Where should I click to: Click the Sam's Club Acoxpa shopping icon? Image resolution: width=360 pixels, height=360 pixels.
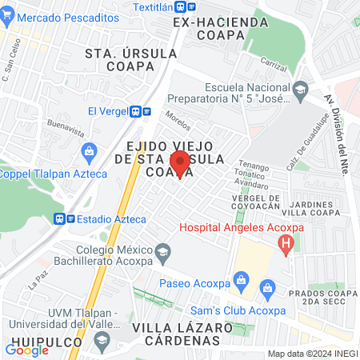point(268,286)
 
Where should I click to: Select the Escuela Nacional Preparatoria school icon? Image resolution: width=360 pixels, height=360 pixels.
point(300,90)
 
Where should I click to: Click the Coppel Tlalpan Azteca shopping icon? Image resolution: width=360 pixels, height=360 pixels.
point(90,150)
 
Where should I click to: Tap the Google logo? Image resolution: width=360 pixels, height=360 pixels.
point(26,350)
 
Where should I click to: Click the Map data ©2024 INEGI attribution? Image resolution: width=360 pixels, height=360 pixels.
point(312,354)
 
